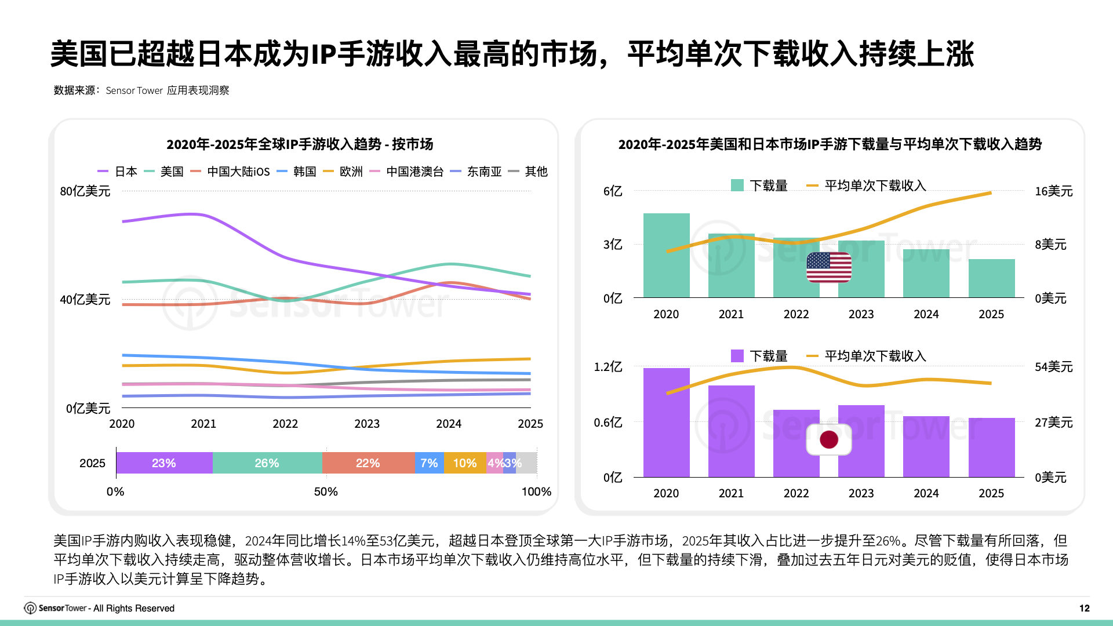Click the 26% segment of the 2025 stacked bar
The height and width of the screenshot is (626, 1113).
point(267,463)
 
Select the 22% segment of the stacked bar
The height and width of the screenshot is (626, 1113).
point(368,463)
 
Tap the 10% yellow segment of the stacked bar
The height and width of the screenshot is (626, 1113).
point(464,463)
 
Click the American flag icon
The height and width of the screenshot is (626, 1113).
point(829,267)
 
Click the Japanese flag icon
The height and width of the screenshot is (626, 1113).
point(829,439)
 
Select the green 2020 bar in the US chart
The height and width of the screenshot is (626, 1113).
point(666,256)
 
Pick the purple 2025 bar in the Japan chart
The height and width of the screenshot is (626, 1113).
point(991,447)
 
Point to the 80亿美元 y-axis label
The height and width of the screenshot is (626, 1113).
point(85,191)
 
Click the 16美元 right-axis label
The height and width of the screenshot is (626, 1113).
point(1053,191)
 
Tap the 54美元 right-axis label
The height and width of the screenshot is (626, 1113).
point(1053,367)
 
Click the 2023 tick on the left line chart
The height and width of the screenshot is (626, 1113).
point(367,424)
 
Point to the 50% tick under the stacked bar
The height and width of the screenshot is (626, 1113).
point(326,492)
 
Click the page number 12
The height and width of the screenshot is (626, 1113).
point(1084,608)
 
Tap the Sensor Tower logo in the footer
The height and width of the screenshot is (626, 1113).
point(30,608)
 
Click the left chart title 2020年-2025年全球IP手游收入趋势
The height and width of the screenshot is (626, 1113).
point(300,144)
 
